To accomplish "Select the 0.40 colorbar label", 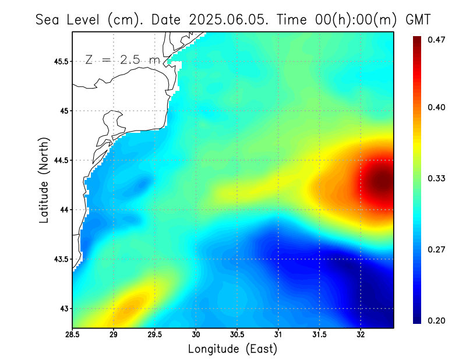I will tap(437, 107).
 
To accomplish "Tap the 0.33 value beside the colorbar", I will tap(437, 178).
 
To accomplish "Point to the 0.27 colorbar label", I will tap(437, 249).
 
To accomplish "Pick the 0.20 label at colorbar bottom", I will tap(437, 320).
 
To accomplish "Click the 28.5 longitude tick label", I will tap(73, 335).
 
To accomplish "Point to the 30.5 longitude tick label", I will tap(237, 335).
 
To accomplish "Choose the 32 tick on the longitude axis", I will tap(361, 335).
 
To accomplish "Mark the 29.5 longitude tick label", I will tap(155, 335).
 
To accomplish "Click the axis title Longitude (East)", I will tap(232, 349).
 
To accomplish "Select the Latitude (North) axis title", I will tap(44, 180).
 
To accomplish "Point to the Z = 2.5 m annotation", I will tap(122, 59).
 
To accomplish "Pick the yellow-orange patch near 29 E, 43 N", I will tap(129, 305).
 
